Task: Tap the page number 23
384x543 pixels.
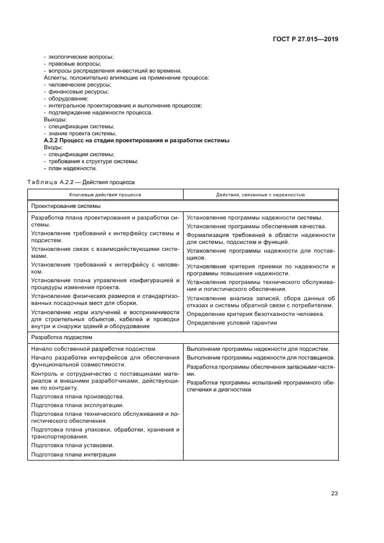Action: click(335, 494)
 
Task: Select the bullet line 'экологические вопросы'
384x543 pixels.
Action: click(81, 56)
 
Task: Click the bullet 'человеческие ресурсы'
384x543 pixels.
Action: click(80, 84)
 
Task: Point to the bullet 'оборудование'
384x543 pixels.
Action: click(69, 98)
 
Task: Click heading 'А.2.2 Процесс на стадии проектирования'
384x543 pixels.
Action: click(137, 140)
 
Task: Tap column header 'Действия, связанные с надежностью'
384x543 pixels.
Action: click(260, 195)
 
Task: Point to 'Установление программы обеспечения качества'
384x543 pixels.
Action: click(256, 226)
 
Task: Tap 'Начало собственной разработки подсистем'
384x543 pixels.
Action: click(94, 349)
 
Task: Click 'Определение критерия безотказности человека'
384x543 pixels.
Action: click(255, 314)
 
